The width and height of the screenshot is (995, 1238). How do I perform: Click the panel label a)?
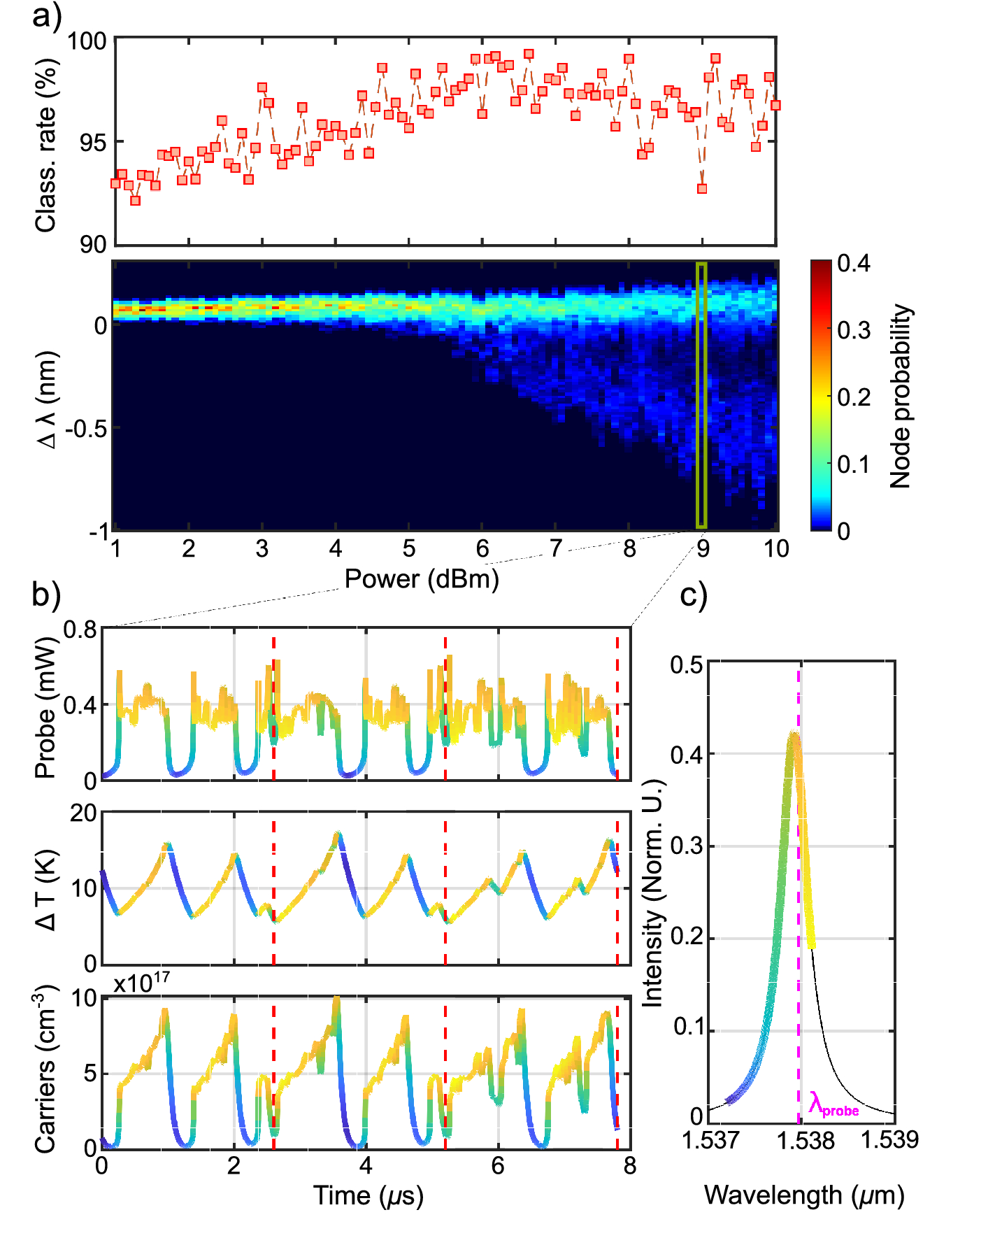(46, 15)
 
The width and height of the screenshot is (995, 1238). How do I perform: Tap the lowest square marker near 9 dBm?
(702, 189)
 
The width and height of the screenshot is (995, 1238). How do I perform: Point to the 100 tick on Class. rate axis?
(87, 41)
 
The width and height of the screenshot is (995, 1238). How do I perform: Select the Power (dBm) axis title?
(422, 579)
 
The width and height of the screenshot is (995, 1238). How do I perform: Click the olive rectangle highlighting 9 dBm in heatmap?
(701, 395)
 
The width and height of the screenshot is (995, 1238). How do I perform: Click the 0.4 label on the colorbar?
(853, 264)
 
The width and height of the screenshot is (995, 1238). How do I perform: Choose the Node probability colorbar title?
(901, 396)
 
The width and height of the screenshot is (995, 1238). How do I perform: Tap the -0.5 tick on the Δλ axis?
(85, 428)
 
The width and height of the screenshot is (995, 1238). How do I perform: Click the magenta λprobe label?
(833, 1104)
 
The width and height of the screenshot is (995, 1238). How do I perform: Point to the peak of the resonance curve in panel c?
(793, 734)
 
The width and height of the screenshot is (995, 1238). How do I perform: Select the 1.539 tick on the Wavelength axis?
(889, 1140)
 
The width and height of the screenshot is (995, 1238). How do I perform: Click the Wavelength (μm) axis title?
(803, 1195)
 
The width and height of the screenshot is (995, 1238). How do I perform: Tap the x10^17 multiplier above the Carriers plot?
(142, 983)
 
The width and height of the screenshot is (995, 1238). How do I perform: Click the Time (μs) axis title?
(368, 1195)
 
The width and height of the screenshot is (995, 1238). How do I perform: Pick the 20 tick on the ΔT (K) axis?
(83, 813)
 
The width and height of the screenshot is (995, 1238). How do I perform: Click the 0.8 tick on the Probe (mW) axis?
(80, 629)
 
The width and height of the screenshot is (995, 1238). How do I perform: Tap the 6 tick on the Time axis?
(497, 1165)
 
